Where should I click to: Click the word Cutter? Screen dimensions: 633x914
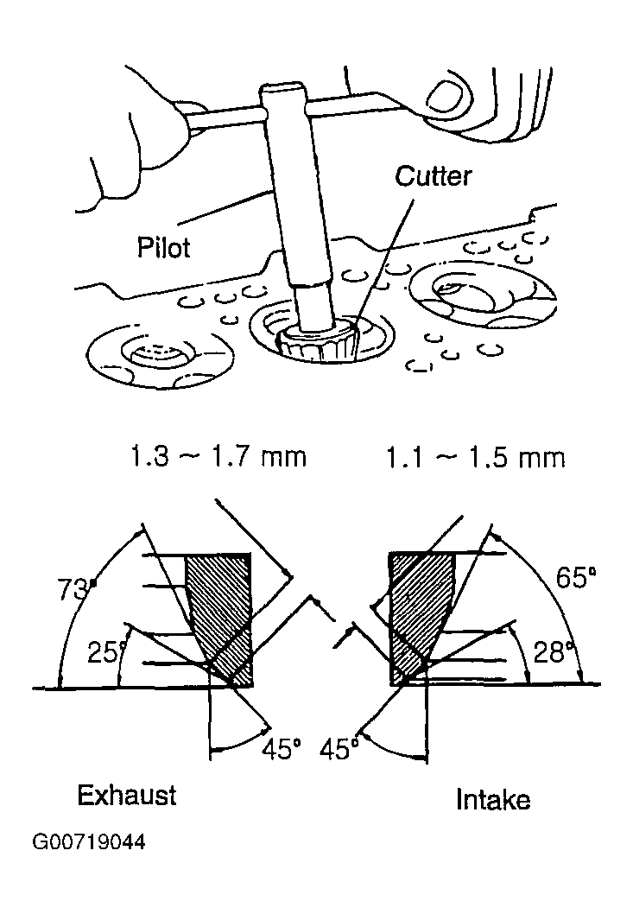click(x=433, y=175)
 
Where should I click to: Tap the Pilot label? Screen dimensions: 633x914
click(x=164, y=247)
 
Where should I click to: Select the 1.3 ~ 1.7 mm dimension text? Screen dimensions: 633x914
click(x=217, y=457)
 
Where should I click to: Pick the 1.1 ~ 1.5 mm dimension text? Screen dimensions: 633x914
click(x=476, y=458)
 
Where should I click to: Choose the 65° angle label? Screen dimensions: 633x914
click(x=576, y=578)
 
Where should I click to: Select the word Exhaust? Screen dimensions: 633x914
click(x=126, y=795)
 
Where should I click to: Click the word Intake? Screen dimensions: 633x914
click(x=493, y=799)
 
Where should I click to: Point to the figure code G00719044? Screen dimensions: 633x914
click(x=88, y=842)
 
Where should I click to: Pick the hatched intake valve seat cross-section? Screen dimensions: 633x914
click(x=420, y=618)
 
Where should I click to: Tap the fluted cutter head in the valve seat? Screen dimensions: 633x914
click(x=319, y=343)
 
